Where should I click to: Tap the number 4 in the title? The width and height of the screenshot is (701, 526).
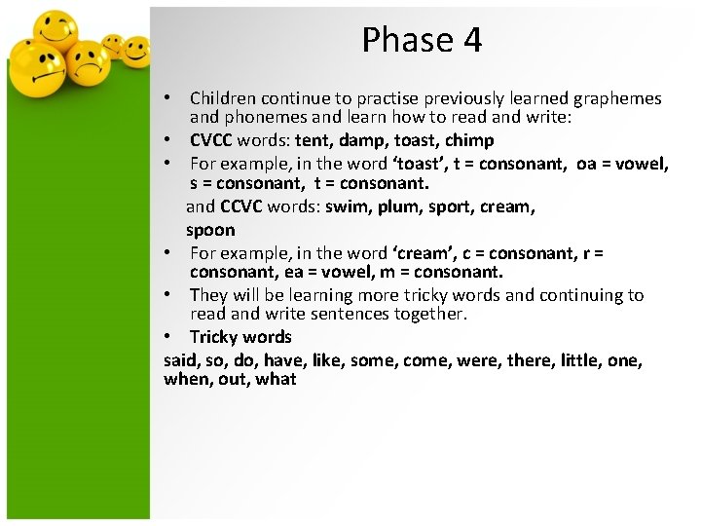(472, 40)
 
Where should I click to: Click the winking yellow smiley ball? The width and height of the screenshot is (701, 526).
(56, 32)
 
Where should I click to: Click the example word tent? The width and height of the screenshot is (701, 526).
(314, 140)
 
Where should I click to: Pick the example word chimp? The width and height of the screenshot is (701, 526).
(469, 140)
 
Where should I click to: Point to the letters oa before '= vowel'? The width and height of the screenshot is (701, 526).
(587, 163)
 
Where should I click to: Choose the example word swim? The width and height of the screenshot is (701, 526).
(345, 207)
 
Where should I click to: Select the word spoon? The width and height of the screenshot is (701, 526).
(210, 230)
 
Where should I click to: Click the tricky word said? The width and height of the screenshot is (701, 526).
(180, 359)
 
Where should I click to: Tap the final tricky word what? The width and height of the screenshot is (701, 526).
(276, 379)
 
